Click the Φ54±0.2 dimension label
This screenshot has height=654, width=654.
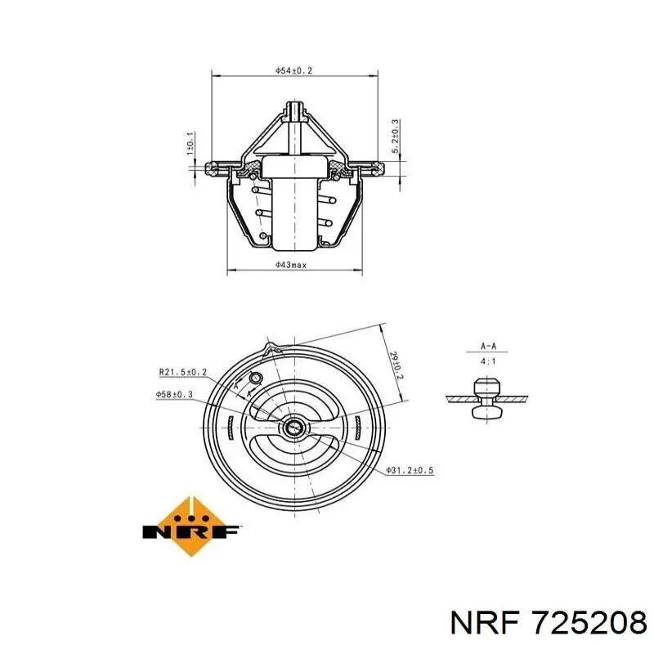pos(294,71)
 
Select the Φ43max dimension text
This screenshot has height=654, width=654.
pos(292,265)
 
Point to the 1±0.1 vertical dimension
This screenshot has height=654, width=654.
pos(190,143)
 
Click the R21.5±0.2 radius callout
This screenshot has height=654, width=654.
pos(182,372)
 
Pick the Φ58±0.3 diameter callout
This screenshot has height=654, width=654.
pos(174,394)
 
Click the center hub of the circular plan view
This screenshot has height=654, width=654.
pos(293,427)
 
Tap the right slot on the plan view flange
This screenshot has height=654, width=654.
pos(358,427)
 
